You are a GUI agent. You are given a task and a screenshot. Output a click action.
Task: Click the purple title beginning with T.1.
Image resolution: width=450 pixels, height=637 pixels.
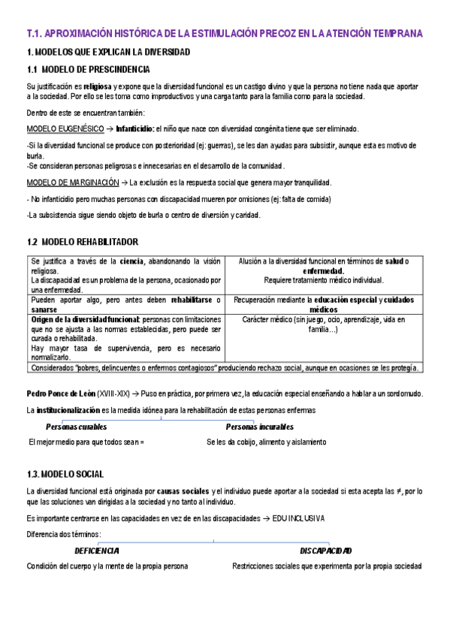[225, 34]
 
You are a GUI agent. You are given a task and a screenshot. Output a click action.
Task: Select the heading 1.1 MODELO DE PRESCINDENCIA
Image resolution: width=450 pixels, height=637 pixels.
[88, 70]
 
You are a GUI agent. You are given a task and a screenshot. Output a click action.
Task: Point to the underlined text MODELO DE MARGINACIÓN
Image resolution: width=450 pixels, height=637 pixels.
[73, 183]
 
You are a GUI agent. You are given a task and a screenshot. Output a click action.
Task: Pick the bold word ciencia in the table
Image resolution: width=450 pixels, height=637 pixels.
[134, 261]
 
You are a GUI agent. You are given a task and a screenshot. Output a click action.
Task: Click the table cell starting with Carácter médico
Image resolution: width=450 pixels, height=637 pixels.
[323, 325]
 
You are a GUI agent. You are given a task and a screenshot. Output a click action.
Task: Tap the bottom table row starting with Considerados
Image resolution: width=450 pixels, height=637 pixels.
[225, 367]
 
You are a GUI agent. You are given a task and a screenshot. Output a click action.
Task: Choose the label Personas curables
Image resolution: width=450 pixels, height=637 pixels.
[76, 427]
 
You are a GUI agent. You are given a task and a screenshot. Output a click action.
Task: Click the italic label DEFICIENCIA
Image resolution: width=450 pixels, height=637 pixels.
[96, 551]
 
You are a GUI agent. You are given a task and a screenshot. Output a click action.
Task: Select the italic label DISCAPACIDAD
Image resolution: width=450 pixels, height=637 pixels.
[325, 551]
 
